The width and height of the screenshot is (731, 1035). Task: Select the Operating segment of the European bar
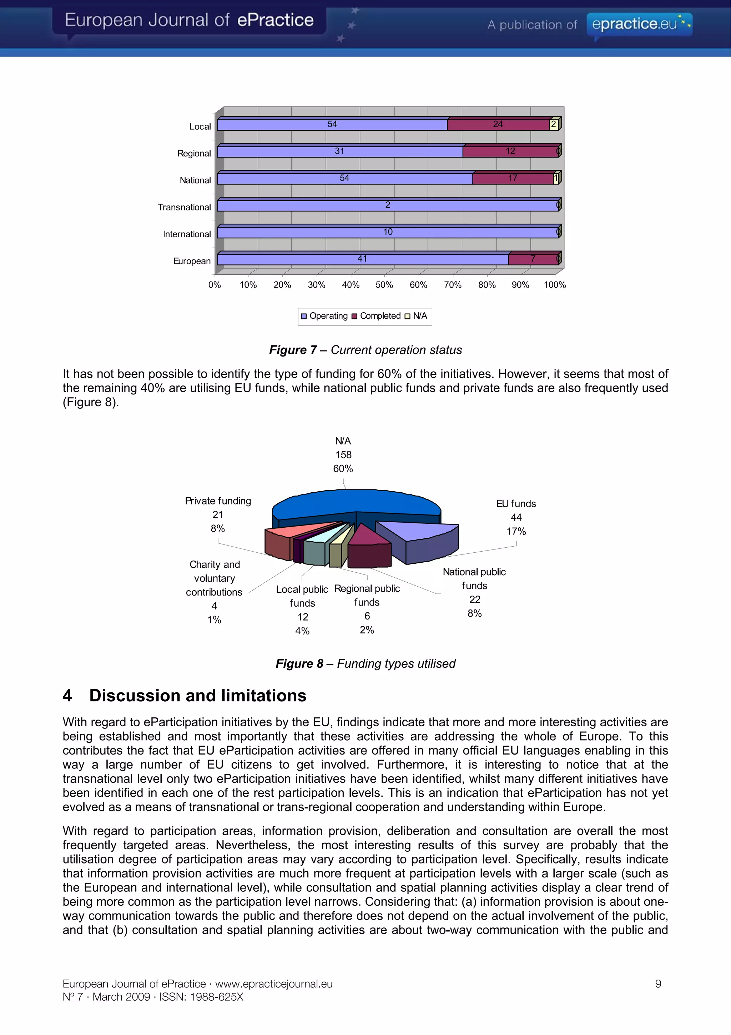point(363,259)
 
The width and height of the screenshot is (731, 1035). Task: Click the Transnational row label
point(184,207)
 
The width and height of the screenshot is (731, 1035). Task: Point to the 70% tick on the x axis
point(453,285)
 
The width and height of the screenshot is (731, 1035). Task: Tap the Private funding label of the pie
point(218,501)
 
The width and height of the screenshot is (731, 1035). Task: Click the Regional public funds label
point(367,595)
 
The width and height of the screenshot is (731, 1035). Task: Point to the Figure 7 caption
point(365,350)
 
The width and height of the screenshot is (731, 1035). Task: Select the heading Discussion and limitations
point(197,696)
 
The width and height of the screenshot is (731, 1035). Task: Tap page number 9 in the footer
point(658,984)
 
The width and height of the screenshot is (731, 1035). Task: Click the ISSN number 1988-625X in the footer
point(216,997)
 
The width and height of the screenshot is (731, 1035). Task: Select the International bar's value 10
point(388,232)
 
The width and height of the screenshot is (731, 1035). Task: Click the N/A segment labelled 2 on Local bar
point(554,124)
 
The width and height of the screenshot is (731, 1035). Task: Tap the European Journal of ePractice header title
point(189,20)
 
